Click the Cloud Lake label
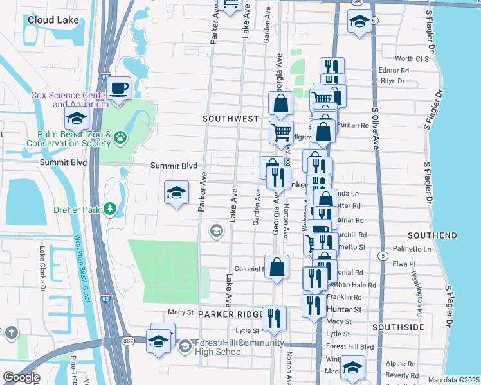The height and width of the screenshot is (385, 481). [x=53, y=20]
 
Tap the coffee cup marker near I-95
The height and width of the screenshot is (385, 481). [x=118, y=88]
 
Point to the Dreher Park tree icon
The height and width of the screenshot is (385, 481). [x=110, y=209]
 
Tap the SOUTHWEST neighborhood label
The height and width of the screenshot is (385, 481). [x=230, y=119]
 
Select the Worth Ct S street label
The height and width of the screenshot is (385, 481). [x=412, y=59]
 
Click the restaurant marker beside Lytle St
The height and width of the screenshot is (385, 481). [x=275, y=318]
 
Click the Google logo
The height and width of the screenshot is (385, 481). [x=21, y=377]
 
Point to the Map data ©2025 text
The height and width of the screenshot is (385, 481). [x=453, y=380]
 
